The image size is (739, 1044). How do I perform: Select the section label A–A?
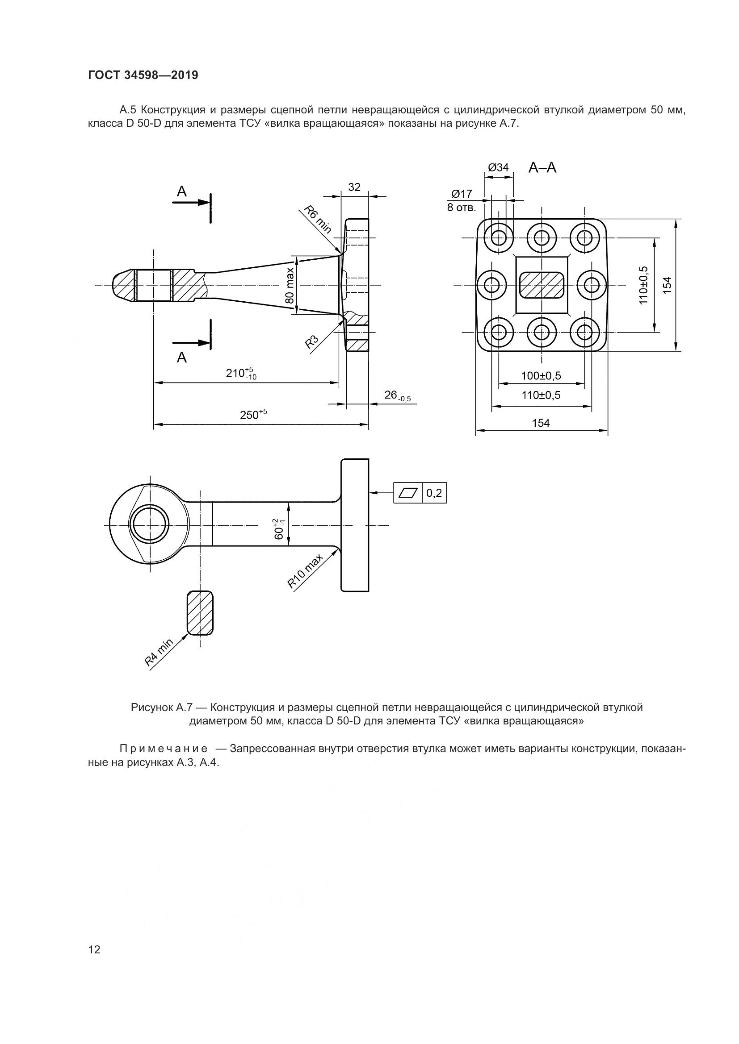pyautogui.click(x=542, y=168)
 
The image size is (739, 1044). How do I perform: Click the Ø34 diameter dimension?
pyautogui.click(x=498, y=167)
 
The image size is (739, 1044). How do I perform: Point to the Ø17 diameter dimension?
pyautogui.click(x=462, y=194)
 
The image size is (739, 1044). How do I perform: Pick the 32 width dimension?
pyautogui.click(x=354, y=187)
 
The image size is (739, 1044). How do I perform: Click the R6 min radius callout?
pyautogui.click(x=318, y=220)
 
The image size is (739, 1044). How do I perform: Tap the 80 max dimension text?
pyautogui.click(x=290, y=285)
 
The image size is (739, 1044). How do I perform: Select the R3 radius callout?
pyautogui.click(x=312, y=341)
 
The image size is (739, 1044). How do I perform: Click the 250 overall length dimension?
pyautogui.click(x=253, y=414)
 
